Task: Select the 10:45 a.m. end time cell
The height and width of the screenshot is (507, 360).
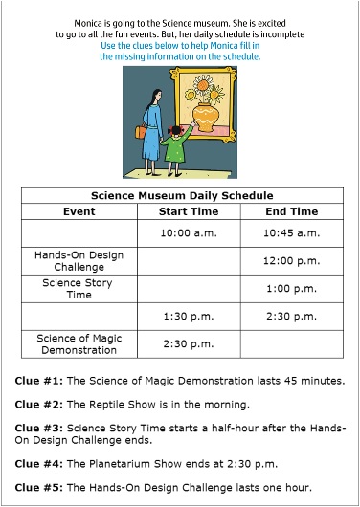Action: click(x=291, y=232)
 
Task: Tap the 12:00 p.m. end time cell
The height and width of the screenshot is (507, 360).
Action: click(x=291, y=260)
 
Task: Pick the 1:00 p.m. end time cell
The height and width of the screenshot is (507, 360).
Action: click(x=291, y=288)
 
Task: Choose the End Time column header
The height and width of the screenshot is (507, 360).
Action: click(x=291, y=210)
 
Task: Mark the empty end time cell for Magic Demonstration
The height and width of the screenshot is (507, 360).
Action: click(x=291, y=343)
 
